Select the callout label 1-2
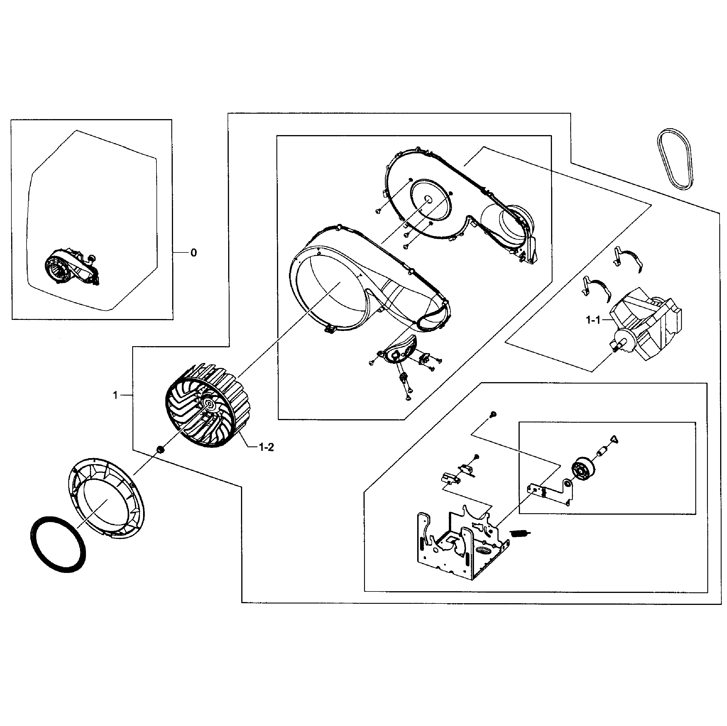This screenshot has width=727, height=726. (x=266, y=447)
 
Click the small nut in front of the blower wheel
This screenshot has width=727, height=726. (x=160, y=449)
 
